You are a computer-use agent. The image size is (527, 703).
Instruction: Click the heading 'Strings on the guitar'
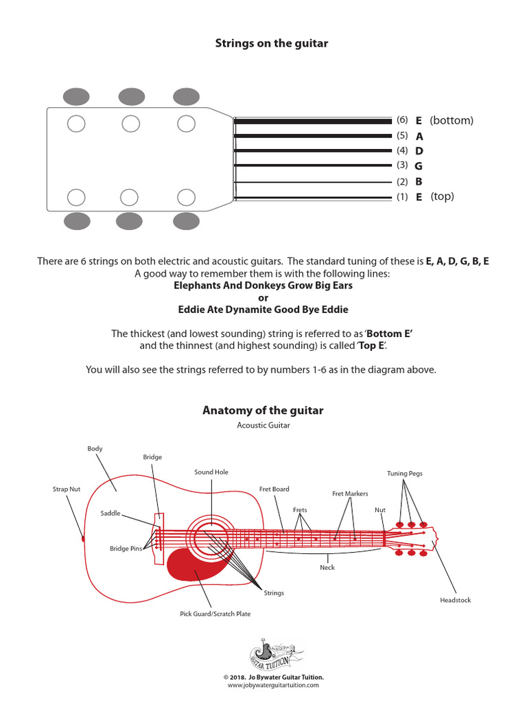click(272, 43)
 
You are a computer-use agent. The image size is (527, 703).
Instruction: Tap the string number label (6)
click(402, 120)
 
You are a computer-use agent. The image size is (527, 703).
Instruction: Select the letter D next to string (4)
click(419, 151)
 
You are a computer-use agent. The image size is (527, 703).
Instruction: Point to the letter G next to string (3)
click(419, 166)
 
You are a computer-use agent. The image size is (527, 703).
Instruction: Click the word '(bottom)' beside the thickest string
click(452, 121)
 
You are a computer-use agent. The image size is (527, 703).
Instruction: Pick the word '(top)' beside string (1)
click(443, 197)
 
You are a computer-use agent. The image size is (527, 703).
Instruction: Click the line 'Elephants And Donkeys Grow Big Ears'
click(263, 285)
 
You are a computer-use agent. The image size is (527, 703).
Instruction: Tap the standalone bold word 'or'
click(263, 297)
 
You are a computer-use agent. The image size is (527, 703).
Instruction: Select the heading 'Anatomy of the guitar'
click(263, 411)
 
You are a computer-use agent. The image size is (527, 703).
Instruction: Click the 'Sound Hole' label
click(211, 472)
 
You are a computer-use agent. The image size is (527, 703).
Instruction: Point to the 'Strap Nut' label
click(67, 489)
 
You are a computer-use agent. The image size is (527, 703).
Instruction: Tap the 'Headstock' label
click(456, 600)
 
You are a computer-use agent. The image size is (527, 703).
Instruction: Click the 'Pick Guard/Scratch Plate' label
click(215, 614)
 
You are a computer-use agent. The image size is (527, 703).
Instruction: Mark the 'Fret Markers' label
click(350, 494)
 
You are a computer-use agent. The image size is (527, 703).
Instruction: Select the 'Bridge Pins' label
click(124, 549)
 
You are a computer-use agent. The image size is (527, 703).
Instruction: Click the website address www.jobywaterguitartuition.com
click(273, 685)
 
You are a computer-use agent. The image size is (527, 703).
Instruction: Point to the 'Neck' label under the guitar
click(327, 568)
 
